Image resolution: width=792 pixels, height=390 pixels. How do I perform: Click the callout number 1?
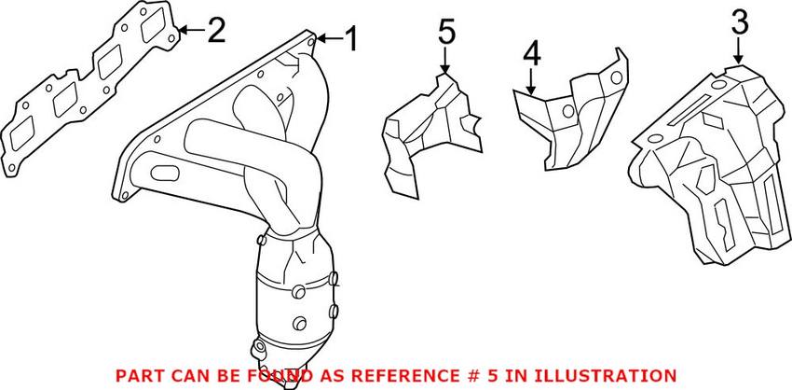tap(350, 39)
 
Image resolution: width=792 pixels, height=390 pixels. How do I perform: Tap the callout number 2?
tap(215, 31)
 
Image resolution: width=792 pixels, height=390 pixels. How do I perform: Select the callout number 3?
tap(739, 22)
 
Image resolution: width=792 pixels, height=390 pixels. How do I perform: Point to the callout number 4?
tap(531, 55)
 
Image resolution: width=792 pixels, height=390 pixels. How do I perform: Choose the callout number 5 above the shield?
tap(446, 33)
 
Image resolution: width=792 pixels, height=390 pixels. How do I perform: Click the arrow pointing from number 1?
tap(328, 39)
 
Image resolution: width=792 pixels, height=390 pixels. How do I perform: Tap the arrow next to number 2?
tap(191, 31)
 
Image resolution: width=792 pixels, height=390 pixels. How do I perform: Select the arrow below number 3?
tap(739, 52)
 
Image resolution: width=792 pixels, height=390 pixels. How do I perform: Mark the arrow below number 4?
tap(531, 82)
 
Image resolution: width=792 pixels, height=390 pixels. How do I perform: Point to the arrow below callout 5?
tap(445, 62)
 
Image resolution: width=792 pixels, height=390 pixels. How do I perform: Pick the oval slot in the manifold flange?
tap(165, 173)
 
